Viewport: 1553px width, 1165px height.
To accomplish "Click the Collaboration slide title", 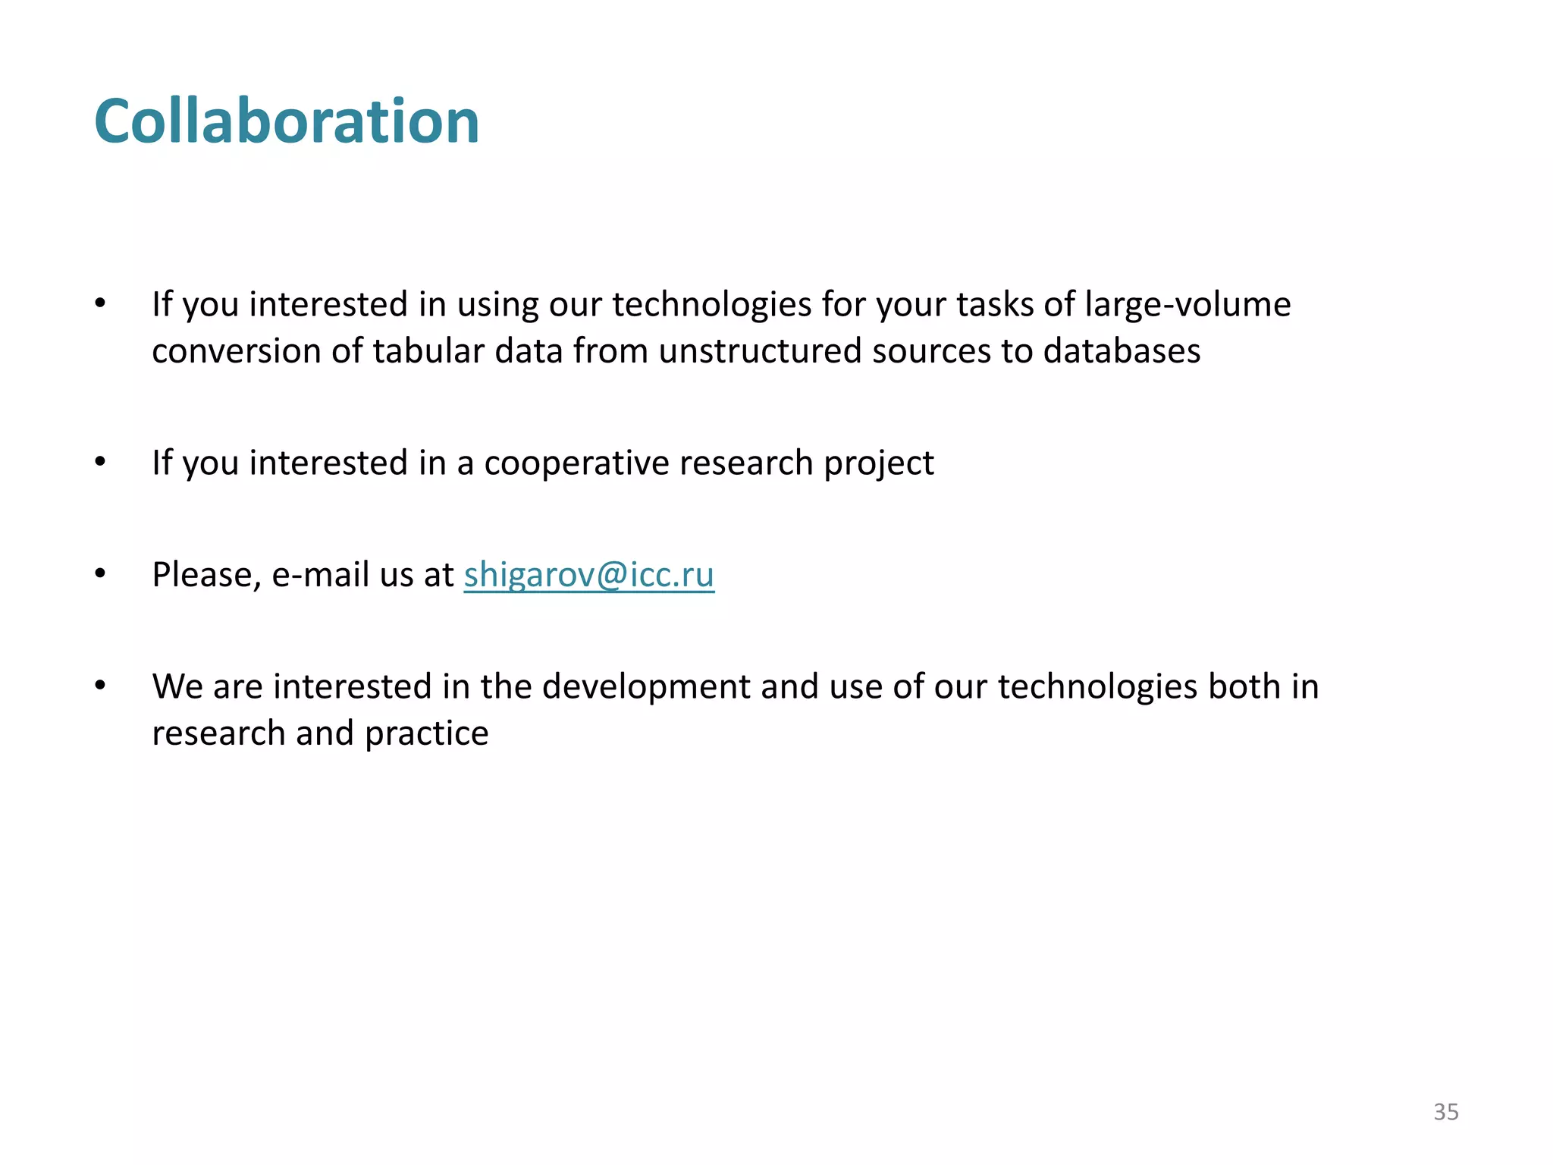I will click(287, 121).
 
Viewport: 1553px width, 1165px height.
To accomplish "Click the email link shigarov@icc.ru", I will click(588, 574).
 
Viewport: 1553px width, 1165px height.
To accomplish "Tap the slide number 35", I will click(1445, 1112).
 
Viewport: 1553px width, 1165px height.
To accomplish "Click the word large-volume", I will click(1187, 304).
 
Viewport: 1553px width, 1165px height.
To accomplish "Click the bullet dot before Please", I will click(100, 574).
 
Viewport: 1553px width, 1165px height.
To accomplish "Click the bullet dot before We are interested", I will click(100, 686).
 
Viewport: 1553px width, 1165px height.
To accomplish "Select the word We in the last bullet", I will click(177, 686).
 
